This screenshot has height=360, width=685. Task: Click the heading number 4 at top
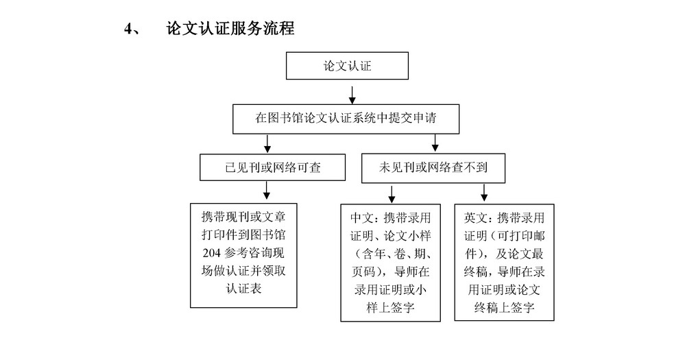128,29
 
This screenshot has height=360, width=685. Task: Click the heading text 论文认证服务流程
230,28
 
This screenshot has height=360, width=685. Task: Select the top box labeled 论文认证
348,66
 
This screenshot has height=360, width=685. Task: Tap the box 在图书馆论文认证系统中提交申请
346,119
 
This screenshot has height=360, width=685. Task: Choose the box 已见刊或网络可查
273,167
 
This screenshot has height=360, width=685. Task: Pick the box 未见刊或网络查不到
433,168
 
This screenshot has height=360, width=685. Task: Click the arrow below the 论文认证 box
352,95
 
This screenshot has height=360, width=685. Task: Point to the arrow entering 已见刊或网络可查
267,144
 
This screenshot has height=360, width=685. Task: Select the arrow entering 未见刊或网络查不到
435,143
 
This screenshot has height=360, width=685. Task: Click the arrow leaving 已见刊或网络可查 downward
267,190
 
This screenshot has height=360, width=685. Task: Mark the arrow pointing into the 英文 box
484,193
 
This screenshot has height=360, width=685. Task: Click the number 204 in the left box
211,253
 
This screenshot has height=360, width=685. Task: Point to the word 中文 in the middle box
361,217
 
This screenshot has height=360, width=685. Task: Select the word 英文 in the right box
475,217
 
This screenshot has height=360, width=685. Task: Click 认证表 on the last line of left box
244,289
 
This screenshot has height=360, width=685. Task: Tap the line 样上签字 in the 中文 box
391,308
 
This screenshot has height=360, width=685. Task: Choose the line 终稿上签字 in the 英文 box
504,308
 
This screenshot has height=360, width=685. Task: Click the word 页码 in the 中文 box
363,272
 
